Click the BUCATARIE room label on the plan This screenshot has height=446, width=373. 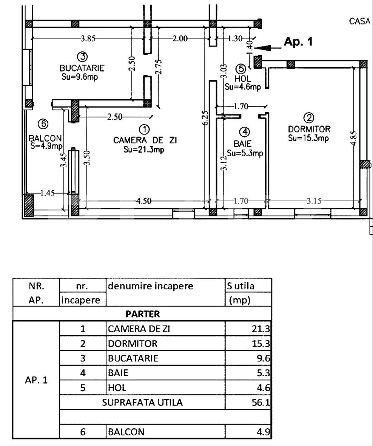coord(82,68)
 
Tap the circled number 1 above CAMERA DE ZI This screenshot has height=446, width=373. coord(144,129)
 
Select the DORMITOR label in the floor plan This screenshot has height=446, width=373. coord(309,129)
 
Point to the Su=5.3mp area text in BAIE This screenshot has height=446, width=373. coord(245,153)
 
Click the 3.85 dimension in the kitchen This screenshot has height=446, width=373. coord(88,39)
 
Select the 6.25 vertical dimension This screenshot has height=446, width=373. coord(205,118)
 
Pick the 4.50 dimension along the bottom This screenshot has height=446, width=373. coord(143,201)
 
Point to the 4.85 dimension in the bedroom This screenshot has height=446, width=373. coord(354,138)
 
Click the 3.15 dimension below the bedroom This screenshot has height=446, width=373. coord(314,201)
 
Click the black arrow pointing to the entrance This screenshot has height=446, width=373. coord(269,48)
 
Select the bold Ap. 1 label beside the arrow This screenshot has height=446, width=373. coord(298,42)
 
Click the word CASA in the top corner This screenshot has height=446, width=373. coord(360,21)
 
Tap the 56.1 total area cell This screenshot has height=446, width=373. coord(261,402)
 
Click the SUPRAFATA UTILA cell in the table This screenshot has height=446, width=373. coord(142,402)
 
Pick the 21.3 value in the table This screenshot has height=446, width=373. coord(261,329)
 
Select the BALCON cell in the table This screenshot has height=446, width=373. coord(126,432)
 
